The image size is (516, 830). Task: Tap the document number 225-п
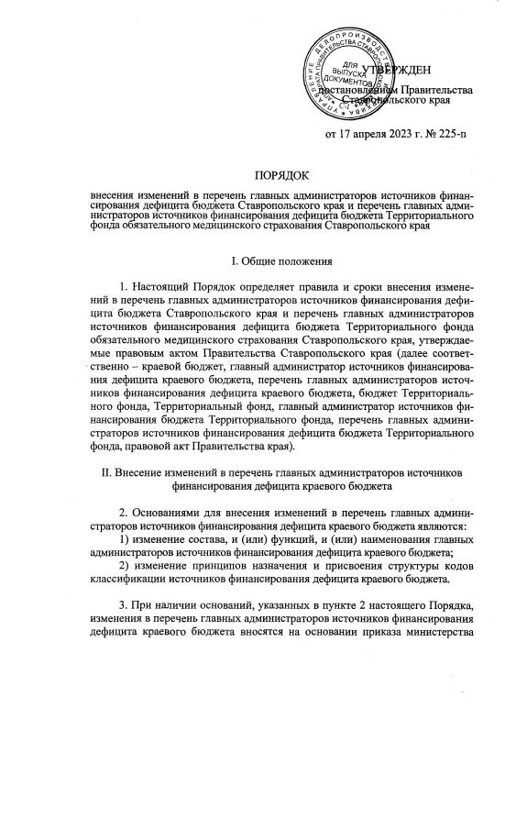445,135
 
